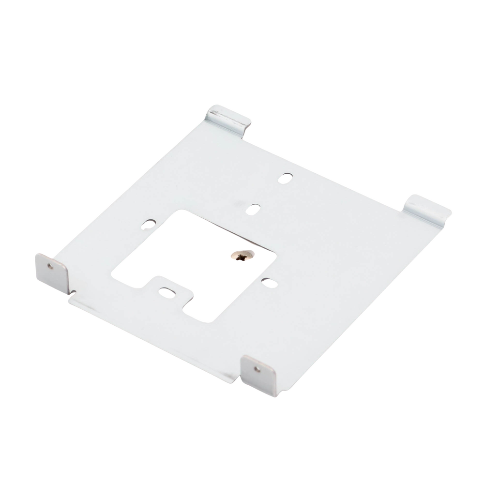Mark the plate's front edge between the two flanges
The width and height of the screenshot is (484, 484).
point(155,334)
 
